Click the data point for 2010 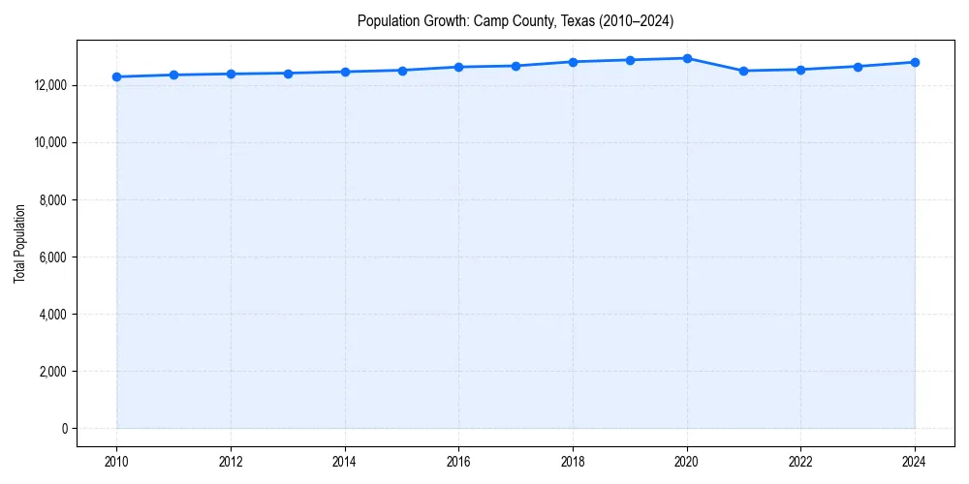[116, 76]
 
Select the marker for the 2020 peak [687, 58]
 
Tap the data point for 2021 [743, 71]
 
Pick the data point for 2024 [915, 62]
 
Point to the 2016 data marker [458, 67]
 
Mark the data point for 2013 [288, 73]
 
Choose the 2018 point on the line [573, 62]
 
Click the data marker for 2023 [858, 67]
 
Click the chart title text [515, 20]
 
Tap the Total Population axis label [19, 243]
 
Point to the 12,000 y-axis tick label [49, 85]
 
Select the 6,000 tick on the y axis [52, 257]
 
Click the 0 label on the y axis [64, 429]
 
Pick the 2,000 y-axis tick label [52, 372]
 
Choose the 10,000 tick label [49, 142]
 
